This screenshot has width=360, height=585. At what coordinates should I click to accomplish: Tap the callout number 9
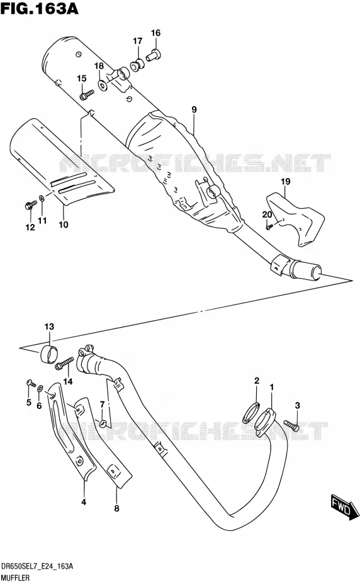194,109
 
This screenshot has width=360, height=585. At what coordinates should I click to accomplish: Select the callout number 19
285,182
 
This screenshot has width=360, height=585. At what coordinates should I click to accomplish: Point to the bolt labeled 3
291,425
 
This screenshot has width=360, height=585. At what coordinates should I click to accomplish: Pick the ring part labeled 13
49,354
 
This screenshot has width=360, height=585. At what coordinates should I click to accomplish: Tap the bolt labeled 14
64,364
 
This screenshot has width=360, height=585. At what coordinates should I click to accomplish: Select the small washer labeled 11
42,198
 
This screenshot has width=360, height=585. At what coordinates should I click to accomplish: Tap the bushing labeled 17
137,65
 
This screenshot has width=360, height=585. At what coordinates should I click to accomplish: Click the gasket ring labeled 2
251,413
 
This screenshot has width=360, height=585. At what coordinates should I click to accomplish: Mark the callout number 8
116,508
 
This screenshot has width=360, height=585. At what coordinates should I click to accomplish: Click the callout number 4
84,502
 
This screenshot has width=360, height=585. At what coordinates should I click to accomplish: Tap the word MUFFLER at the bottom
15,577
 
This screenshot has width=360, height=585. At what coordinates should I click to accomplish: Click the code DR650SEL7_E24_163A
37,566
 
